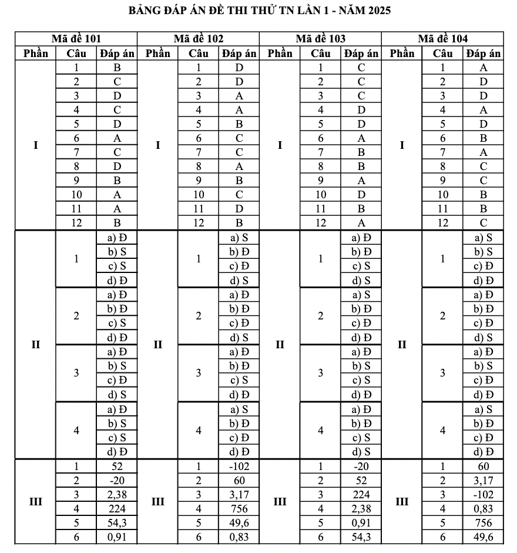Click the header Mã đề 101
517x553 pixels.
pyautogui.click(x=76, y=39)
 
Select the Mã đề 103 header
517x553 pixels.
pyautogui.click(x=320, y=39)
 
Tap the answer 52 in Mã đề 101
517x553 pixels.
pyautogui.click(x=117, y=467)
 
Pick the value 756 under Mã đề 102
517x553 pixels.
pyautogui.click(x=239, y=509)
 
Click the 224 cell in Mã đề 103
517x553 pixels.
pyautogui.click(x=361, y=495)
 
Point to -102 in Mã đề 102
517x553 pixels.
pyautogui.click(x=239, y=467)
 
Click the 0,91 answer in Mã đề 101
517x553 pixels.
pyautogui.click(x=117, y=537)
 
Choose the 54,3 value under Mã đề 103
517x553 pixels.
pyautogui.click(x=361, y=537)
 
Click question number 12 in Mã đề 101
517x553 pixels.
pyautogui.click(x=76, y=223)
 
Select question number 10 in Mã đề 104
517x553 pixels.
pyautogui.click(x=443, y=195)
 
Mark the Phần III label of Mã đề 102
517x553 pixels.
pyautogui.click(x=158, y=502)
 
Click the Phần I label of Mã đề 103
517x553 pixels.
pyautogui.click(x=280, y=145)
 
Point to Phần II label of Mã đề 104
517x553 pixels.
pyautogui.click(x=402, y=344)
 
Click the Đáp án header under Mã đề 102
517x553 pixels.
pyautogui.click(x=239, y=54)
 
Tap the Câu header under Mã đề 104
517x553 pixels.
pyautogui.click(x=443, y=54)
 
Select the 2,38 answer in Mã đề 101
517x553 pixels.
pyautogui.click(x=117, y=495)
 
